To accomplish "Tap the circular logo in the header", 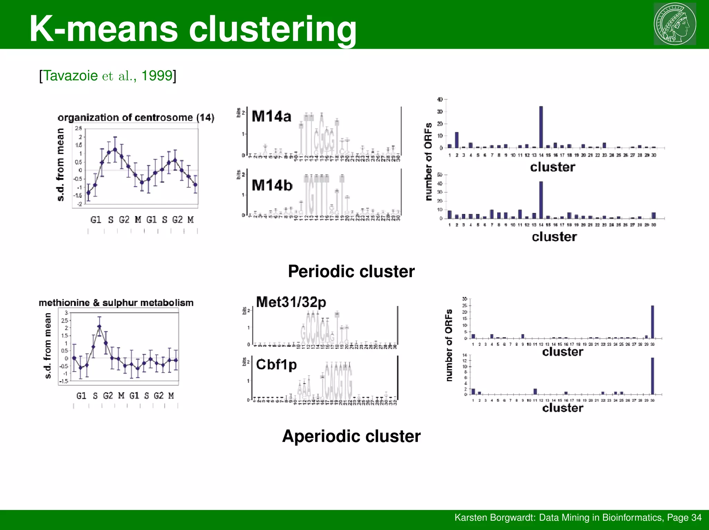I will [x=675, y=24].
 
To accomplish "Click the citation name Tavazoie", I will [x=70, y=75].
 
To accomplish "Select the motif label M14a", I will [x=271, y=116].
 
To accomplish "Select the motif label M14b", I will [x=272, y=185].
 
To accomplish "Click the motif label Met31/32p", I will [x=291, y=302].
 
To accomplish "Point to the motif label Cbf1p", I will [x=276, y=365].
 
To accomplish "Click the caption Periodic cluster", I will [x=351, y=271].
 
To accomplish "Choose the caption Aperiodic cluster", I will [x=351, y=436].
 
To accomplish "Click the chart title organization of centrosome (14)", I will [x=136, y=118].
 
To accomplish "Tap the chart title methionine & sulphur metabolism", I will [x=116, y=303].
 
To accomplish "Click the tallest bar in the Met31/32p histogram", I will [x=653, y=322].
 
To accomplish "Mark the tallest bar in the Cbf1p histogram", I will [x=653, y=376].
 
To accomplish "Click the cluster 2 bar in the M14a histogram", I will [x=457, y=140].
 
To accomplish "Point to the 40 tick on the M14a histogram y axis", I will [x=440, y=100].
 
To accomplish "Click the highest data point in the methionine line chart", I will [x=99, y=326].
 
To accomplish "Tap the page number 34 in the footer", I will [x=696, y=518].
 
